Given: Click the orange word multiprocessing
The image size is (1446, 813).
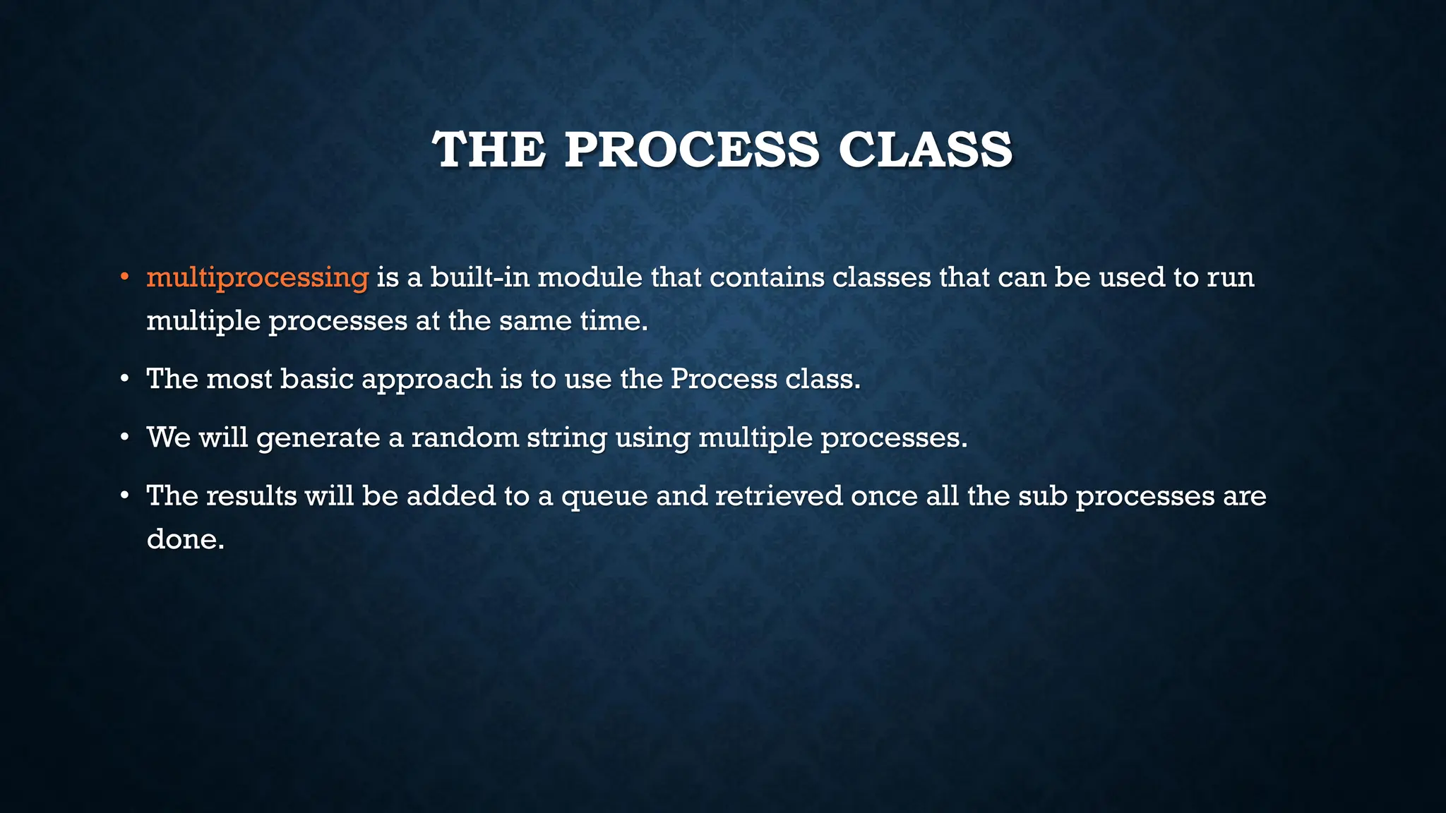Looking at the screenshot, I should click(x=257, y=277).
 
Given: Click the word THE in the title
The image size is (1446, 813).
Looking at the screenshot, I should click(x=489, y=150).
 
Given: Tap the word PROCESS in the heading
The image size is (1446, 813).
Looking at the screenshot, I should click(x=691, y=150).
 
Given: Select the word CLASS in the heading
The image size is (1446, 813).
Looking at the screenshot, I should click(x=925, y=150).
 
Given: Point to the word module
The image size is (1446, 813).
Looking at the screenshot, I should click(x=590, y=277).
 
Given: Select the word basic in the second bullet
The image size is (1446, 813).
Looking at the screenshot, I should click(x=317, y=379).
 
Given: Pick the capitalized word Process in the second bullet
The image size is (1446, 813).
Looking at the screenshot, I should click(x=724, y=379).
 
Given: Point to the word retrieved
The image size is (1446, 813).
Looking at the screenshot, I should click(x=779, y=495).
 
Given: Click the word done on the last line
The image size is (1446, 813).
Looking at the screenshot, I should click(x=185, y=539).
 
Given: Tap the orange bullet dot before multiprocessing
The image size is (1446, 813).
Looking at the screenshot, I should click(x=124, y=277).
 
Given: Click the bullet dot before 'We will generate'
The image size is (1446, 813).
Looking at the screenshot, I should click(x=124, y=438).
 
